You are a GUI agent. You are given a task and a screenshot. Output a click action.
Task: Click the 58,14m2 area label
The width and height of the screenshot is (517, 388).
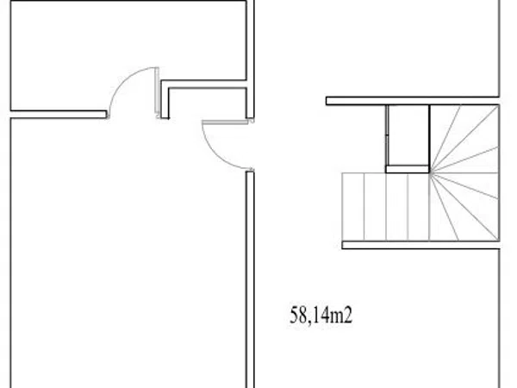click(321, 315)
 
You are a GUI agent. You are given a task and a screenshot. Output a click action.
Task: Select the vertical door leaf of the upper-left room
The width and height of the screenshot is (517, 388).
click(157, 92)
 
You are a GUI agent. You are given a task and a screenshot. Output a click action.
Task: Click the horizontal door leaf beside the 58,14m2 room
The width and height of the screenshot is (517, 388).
click(225, 122)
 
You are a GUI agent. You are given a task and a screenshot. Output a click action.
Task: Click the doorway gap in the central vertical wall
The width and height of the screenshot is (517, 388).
click(250, 145)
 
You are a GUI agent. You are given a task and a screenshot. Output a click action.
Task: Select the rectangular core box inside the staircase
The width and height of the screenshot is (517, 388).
click(408, 139)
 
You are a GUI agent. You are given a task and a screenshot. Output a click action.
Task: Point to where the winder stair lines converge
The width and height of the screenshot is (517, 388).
click(430, 172)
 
